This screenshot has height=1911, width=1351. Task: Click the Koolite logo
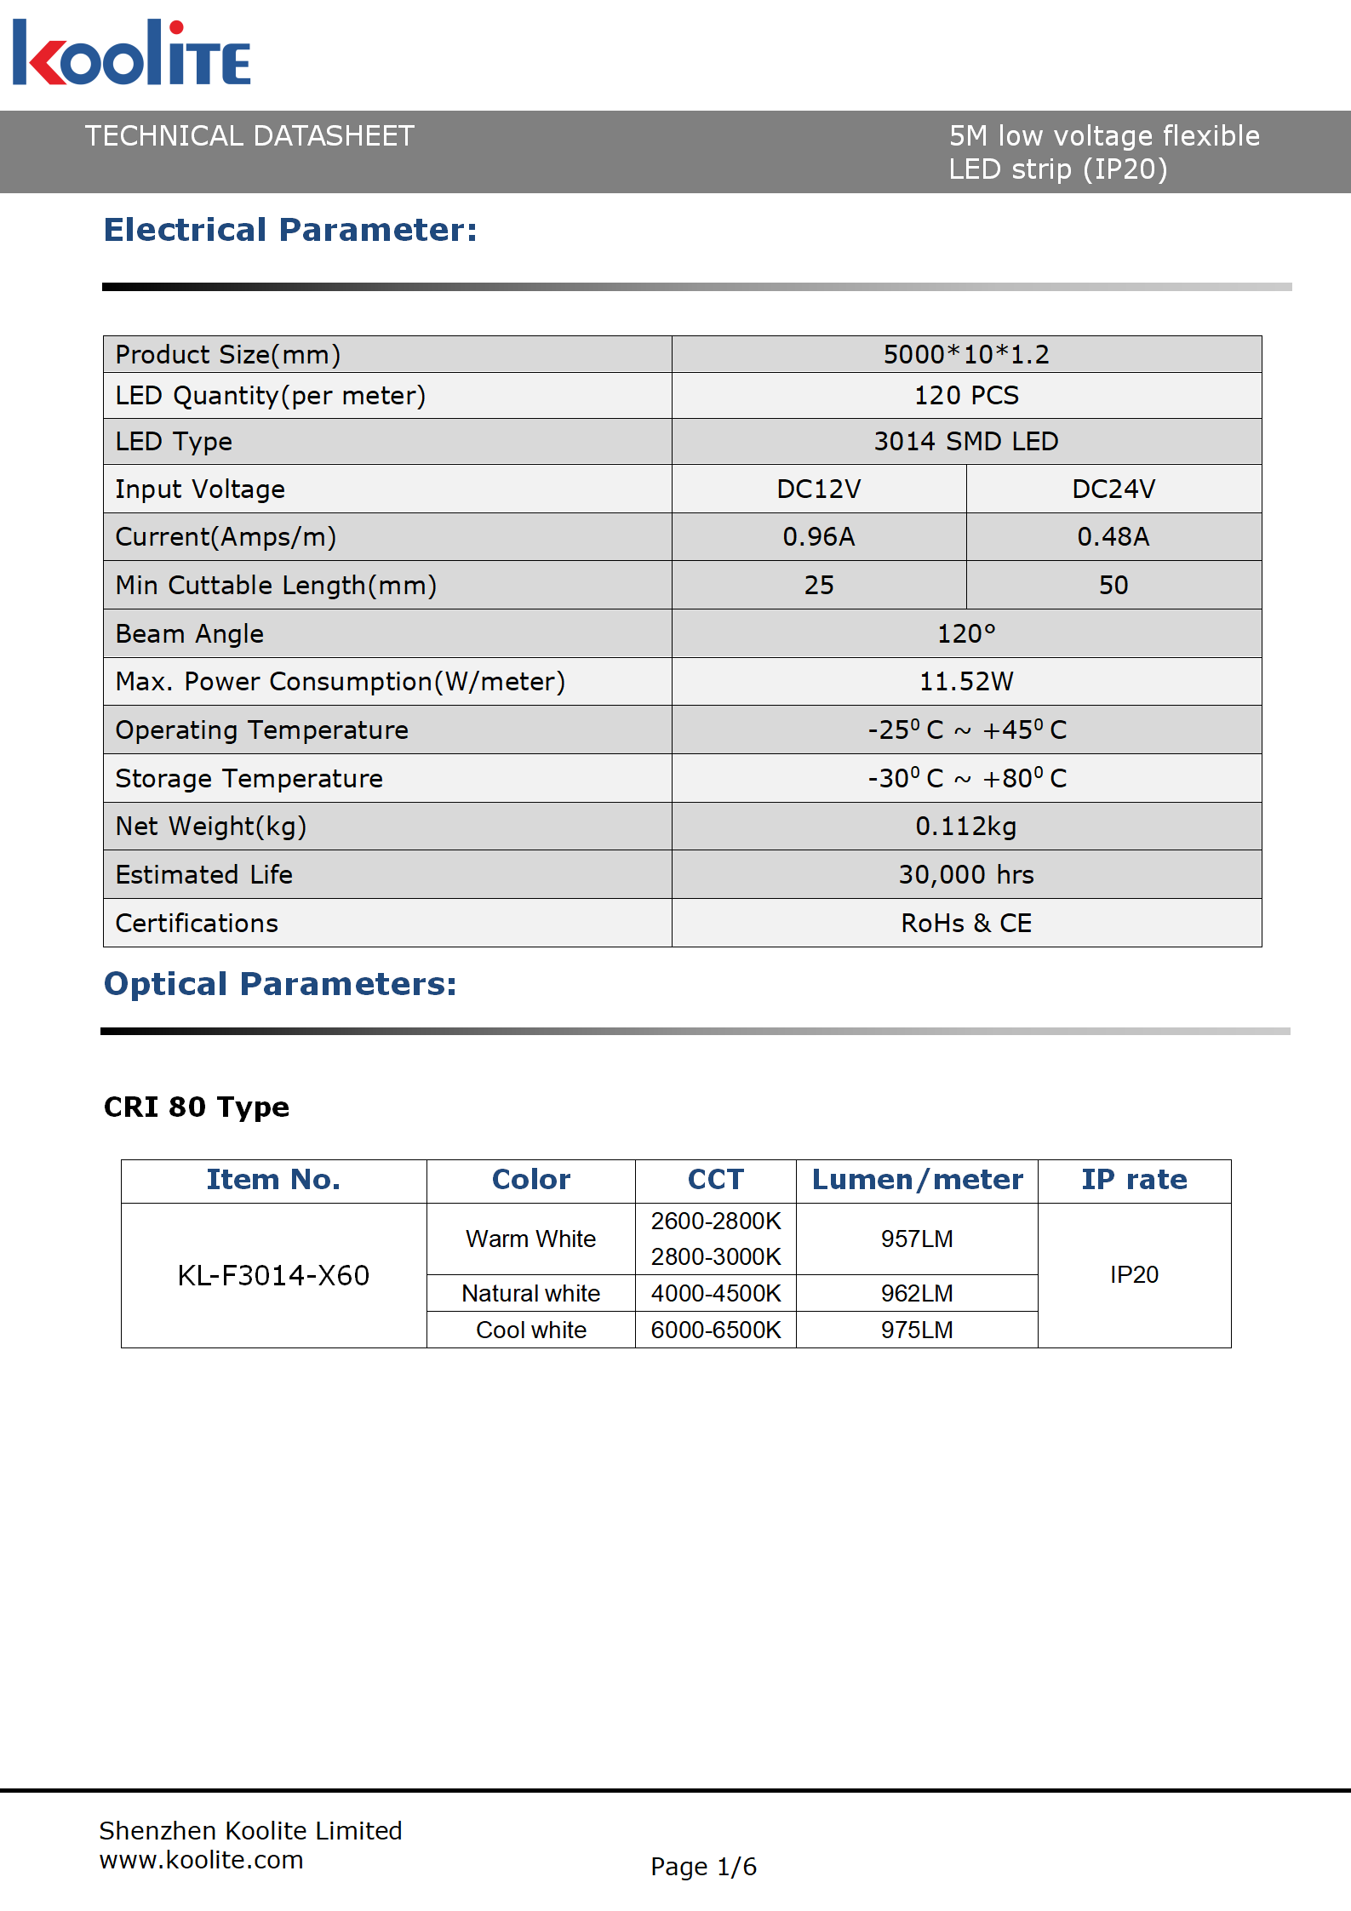[x=131, y=54]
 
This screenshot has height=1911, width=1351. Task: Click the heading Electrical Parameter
[x=290, y=230]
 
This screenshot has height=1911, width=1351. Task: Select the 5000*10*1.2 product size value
[x=965, y=354]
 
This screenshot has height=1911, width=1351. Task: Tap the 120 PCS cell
[x=965, y=396]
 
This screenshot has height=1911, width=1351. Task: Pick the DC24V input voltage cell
[x=1113, y=489]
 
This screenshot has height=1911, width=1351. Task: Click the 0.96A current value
[x=818, y=536]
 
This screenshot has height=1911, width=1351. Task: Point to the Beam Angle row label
[x=190, y=633]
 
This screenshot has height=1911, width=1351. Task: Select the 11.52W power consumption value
[x=965, y=681]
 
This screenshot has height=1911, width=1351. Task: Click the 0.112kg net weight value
[x=965, y=826]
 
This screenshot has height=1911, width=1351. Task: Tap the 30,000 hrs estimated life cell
[x=965, y=874]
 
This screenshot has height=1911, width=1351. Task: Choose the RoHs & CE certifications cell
[x=965, y=923]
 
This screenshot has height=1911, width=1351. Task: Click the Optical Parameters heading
[x=280, y=984]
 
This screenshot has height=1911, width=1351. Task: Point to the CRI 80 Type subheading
[x=197, y=1107]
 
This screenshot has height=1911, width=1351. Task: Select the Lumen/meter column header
[x=917, y=1180]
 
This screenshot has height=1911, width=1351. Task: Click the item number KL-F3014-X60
[x=273, y=1275]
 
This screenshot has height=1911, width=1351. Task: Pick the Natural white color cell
[x=530, y=1293]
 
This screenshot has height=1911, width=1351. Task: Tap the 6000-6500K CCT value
[x=715, y=1330]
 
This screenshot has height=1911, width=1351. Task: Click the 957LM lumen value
[x=917, y=1239]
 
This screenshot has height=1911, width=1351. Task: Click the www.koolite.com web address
[x=201, y=1860]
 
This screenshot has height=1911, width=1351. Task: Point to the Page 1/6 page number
[x=703, y=1867]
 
